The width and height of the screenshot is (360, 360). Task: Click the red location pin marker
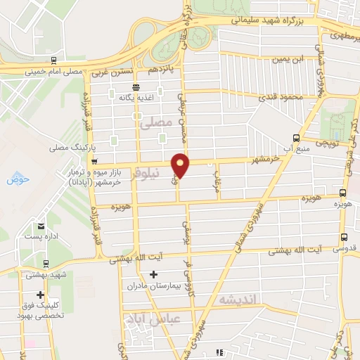(x=181, y=164)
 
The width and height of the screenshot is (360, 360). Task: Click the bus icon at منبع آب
(x=295, y=137)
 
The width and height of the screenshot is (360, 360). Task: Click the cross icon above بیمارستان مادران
(x=153, y=274)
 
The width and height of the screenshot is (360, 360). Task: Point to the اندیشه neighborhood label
(x=239, y=300)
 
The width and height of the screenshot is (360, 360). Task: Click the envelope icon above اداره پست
(x=42, y=226)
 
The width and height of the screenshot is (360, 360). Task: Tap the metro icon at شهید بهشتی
(x=45, y=264)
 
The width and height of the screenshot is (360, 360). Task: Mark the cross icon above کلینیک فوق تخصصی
(x=41, y=295)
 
